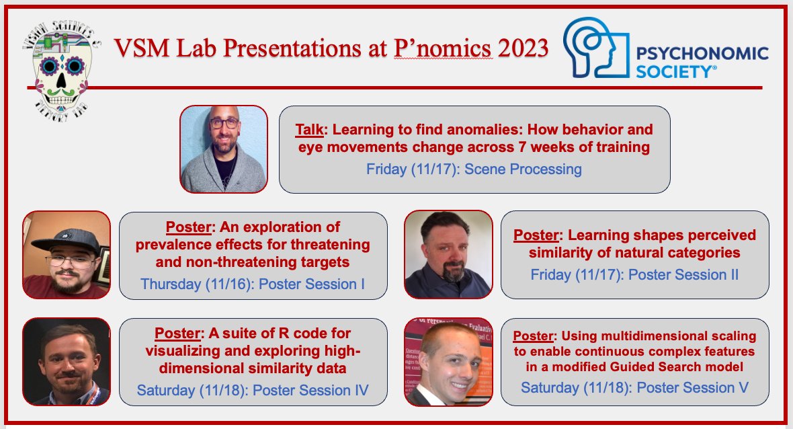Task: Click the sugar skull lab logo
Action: (61, 71)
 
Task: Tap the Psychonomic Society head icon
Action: (596, 48)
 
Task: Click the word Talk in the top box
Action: (310, 130)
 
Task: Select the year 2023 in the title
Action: (523, 48)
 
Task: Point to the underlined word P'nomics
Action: (443, 48)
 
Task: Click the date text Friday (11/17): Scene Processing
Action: (474, 169)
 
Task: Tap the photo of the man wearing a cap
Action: (67, 254)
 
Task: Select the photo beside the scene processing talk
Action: (224, 149)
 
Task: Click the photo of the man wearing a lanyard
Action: (67, 362)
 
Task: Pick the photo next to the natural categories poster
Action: (448, 254)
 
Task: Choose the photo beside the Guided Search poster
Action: (448, 362)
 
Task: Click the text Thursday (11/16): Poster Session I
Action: (253, 284)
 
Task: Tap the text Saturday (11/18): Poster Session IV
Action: (253, 391)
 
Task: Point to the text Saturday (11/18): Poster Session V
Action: (634, 387)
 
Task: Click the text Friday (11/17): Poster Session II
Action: (634, 275)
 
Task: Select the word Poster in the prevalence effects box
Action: (188, 227)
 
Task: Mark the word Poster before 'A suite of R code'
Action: (177, 334)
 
